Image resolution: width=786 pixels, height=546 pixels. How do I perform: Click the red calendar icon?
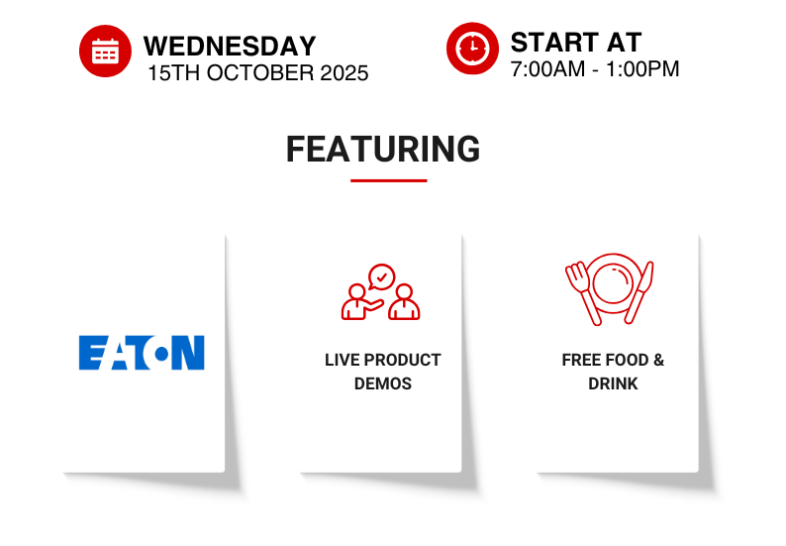105,51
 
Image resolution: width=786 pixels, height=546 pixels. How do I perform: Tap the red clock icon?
472,49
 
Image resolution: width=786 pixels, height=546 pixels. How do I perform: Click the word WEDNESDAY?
230,47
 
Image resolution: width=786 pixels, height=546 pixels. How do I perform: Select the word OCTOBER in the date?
260,73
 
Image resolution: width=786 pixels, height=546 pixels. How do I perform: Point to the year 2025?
344,73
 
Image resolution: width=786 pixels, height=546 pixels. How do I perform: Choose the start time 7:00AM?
547,69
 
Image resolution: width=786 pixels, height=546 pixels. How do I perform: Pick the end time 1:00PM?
642,69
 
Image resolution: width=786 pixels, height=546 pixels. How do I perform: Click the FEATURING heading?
383,149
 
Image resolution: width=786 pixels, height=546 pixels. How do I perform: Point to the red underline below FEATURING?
388,180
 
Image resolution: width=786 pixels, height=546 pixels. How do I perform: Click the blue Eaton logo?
142,353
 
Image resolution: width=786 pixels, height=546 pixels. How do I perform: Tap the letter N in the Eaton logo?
188,353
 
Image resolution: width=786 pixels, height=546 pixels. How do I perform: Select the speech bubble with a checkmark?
381,277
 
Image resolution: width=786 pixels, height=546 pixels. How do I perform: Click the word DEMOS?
383,383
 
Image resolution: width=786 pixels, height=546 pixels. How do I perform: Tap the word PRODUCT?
403,360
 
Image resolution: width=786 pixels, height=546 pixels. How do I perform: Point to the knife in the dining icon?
640,292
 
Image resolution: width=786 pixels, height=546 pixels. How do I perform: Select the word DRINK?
613,383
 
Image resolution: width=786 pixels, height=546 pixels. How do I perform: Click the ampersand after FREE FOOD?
658,360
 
